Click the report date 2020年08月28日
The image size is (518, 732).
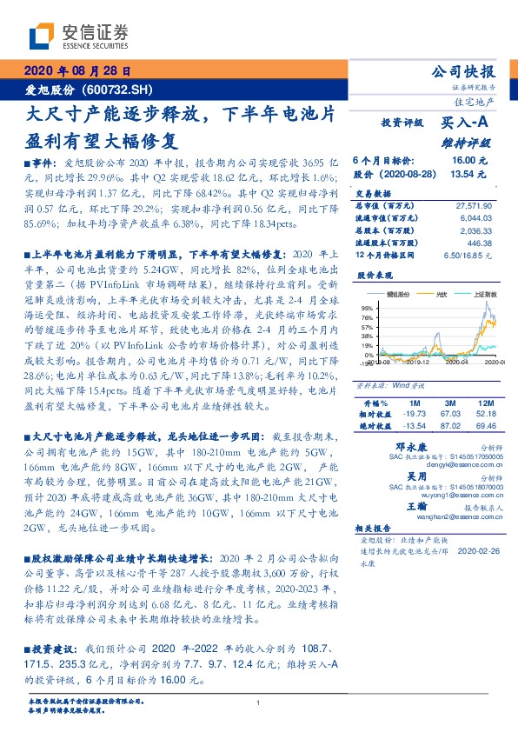(77, 71)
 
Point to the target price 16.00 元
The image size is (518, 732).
(469, 161)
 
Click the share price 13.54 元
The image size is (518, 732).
(469, 174)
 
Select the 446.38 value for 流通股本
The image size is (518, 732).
(478, 243)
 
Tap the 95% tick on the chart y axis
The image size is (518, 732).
(368, 309)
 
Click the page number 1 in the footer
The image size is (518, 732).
(259, 703)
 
